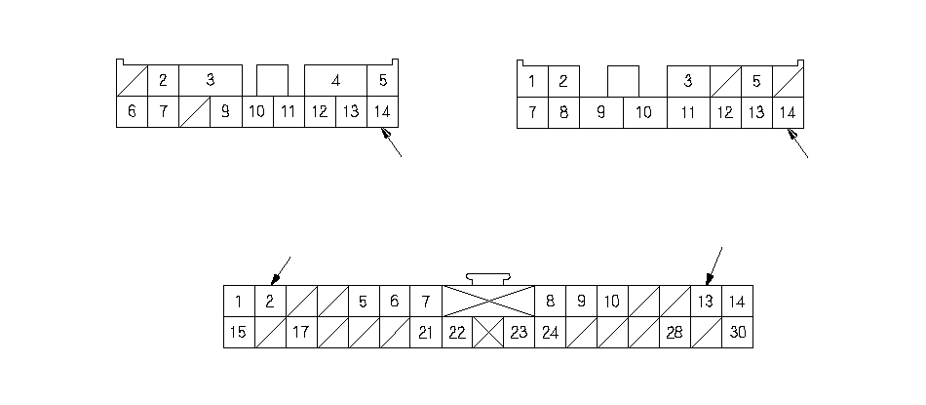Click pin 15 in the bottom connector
(239, 333)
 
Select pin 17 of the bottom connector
(301, 333)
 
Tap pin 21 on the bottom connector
(426, 333)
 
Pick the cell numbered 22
(457, 333)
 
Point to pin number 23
(519, 333)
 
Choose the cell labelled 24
(550, 333)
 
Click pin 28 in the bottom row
(675, 333)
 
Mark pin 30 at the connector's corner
(737, 333)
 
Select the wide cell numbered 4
(335, 81)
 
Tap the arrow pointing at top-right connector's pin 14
(797, 144)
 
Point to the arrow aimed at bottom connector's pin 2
(281, 269)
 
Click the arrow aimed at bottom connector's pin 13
(714, 264)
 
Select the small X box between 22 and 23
(487, 333)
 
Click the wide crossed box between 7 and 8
(488, 302)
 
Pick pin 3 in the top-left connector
(210, 81)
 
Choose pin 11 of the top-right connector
(688, 112)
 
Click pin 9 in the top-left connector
(225, 112)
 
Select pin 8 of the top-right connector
(563, 112)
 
